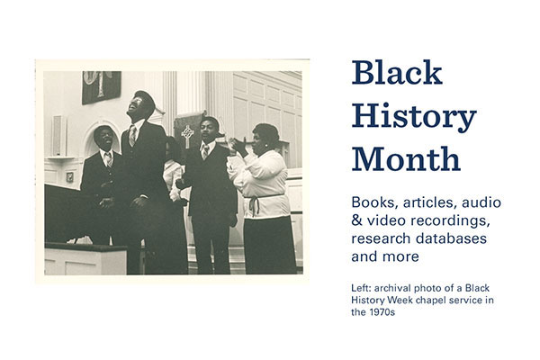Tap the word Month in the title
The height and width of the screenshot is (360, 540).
406,159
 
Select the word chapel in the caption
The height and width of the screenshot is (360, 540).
439,301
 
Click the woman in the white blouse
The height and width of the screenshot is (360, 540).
263,180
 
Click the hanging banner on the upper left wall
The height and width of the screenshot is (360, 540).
101,86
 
